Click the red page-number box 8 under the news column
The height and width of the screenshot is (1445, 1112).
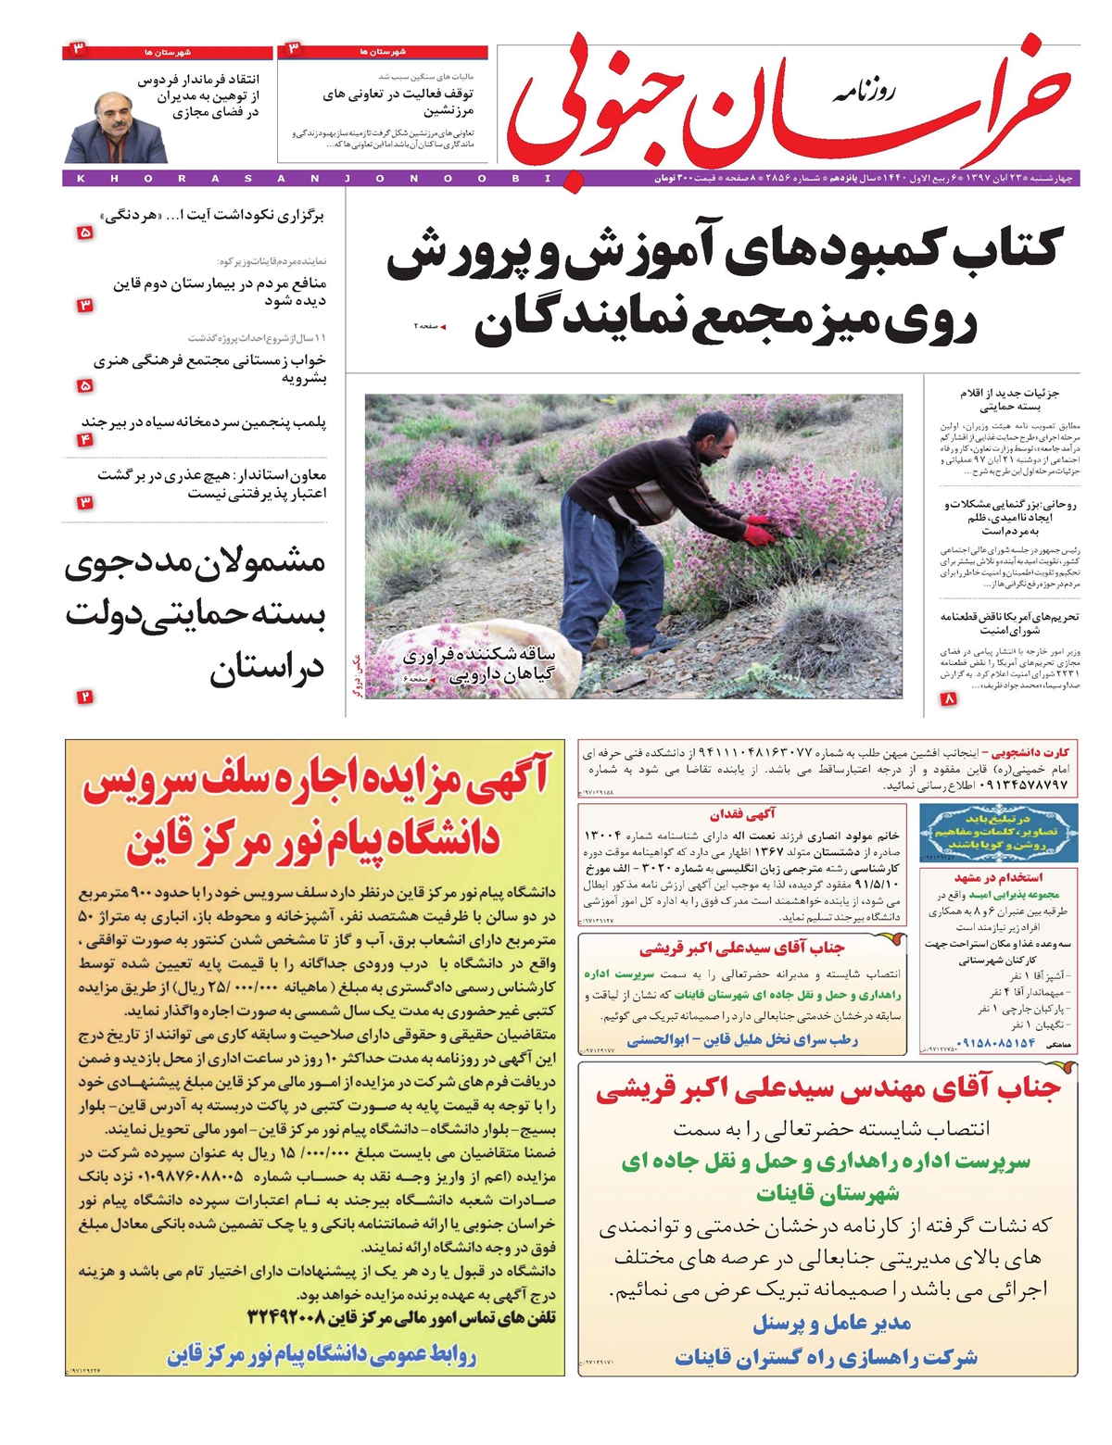pos(948,700)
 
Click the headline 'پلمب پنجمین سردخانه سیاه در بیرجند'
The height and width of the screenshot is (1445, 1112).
pos(204,422)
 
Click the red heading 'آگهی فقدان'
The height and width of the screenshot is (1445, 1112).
pos(742,814)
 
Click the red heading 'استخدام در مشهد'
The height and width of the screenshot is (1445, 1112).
pos(998,877)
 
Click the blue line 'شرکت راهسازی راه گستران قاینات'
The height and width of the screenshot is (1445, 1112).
pos(826,1358)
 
